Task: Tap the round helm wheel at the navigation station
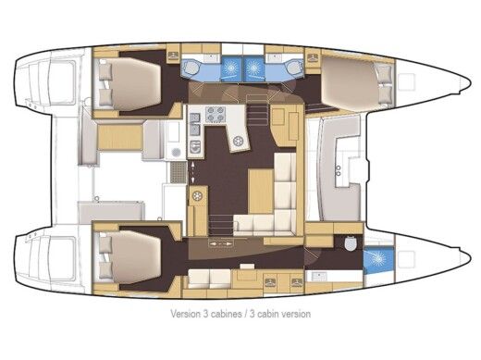[x=240, y=142]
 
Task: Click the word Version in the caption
[x=186, y=315]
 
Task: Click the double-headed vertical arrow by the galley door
[x=192, y=170]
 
